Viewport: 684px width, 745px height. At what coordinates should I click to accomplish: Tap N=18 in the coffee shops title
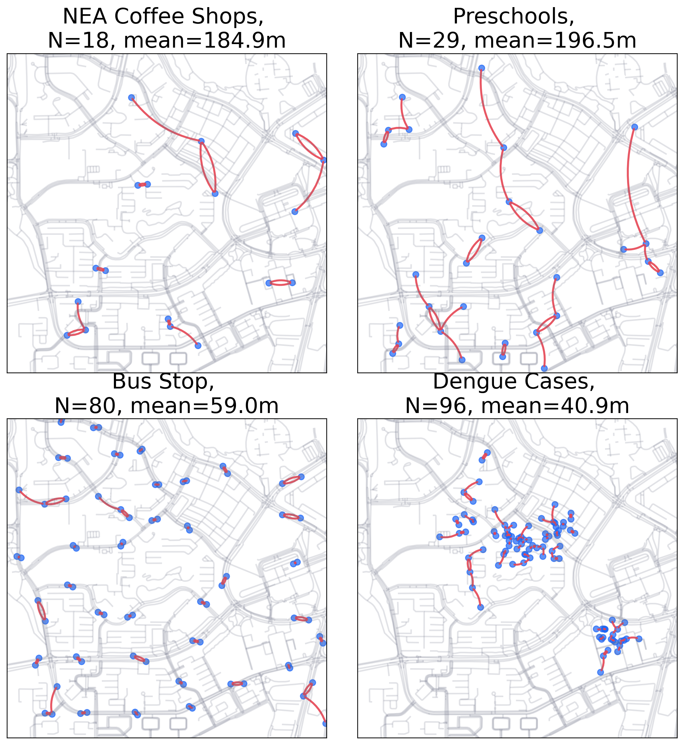pos(79,40)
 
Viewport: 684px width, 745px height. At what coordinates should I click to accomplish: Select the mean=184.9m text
pos(205,40)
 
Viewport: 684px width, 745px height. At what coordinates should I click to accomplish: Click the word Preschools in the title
pos(514,17)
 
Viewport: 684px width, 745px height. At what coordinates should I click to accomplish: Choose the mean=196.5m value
pos(555,40)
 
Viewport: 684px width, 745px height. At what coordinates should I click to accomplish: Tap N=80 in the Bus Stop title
pos(86,406)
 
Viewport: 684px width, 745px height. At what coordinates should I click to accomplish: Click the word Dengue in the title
pos(471,381)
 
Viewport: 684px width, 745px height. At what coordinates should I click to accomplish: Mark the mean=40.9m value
pos(555,406)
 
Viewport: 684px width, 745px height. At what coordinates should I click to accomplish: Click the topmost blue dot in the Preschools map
pos(482,68)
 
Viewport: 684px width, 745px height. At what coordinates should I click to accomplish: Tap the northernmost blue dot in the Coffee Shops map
pos(131,98)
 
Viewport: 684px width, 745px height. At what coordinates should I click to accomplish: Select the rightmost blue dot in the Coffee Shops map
pos(324,160)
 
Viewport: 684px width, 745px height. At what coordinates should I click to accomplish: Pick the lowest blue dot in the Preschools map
pos(544,368)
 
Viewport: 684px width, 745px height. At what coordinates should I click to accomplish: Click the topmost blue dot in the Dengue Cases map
pos(488,452)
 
